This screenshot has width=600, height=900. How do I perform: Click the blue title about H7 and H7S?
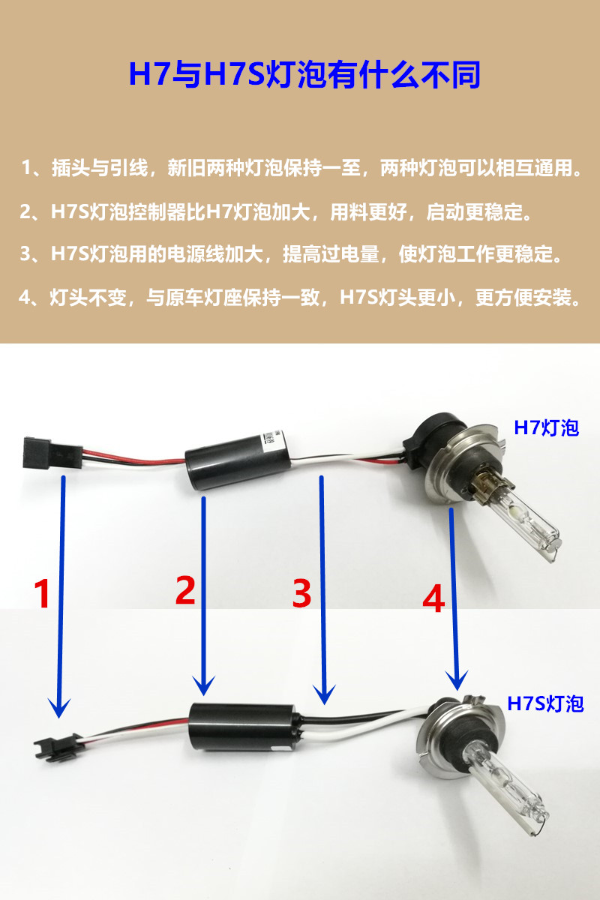(304, 75)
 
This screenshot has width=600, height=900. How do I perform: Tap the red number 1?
(42, 594)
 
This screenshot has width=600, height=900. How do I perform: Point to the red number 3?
(301, 593)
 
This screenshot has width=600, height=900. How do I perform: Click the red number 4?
(433, 598)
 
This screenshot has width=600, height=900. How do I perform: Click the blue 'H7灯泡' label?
(547, 427)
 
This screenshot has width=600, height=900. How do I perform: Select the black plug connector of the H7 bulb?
(52, 454)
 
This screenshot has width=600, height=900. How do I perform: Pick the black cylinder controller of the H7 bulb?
(238, 461)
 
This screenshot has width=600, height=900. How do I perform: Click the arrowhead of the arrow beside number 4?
(457, 680)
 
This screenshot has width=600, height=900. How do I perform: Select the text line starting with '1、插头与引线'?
(301, 167)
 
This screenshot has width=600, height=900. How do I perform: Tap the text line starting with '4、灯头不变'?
(300, 297)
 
